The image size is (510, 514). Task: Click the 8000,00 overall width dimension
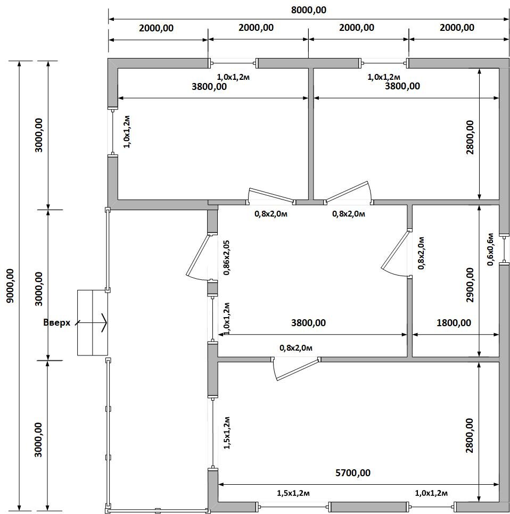click(309, 10)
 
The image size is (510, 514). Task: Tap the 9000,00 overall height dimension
click(11, 286)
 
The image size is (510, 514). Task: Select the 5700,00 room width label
click(353, 472)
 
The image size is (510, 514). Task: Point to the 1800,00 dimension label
click(454, 323)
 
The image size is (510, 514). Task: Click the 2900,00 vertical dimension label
click(470, 285)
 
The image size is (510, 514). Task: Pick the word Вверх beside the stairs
click(57, 322)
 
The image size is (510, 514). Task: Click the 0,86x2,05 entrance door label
click(226, 258)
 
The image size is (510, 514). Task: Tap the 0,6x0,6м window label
click(490, 250)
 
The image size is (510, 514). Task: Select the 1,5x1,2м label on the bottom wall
click(293, 493)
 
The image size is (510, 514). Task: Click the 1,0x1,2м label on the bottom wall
click(431, 493)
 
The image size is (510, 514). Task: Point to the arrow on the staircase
click(91, 323)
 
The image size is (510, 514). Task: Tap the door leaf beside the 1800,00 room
click(396, 250)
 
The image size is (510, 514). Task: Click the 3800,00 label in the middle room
click(308, 323)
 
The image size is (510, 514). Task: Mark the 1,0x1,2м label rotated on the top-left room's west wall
click(127, 131)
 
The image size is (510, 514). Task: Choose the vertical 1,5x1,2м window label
click(227, 433)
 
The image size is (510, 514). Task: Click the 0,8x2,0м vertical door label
click(421, 253)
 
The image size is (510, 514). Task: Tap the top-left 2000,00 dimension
click(156, 28)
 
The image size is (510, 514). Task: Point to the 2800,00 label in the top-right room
click(470, 137)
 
